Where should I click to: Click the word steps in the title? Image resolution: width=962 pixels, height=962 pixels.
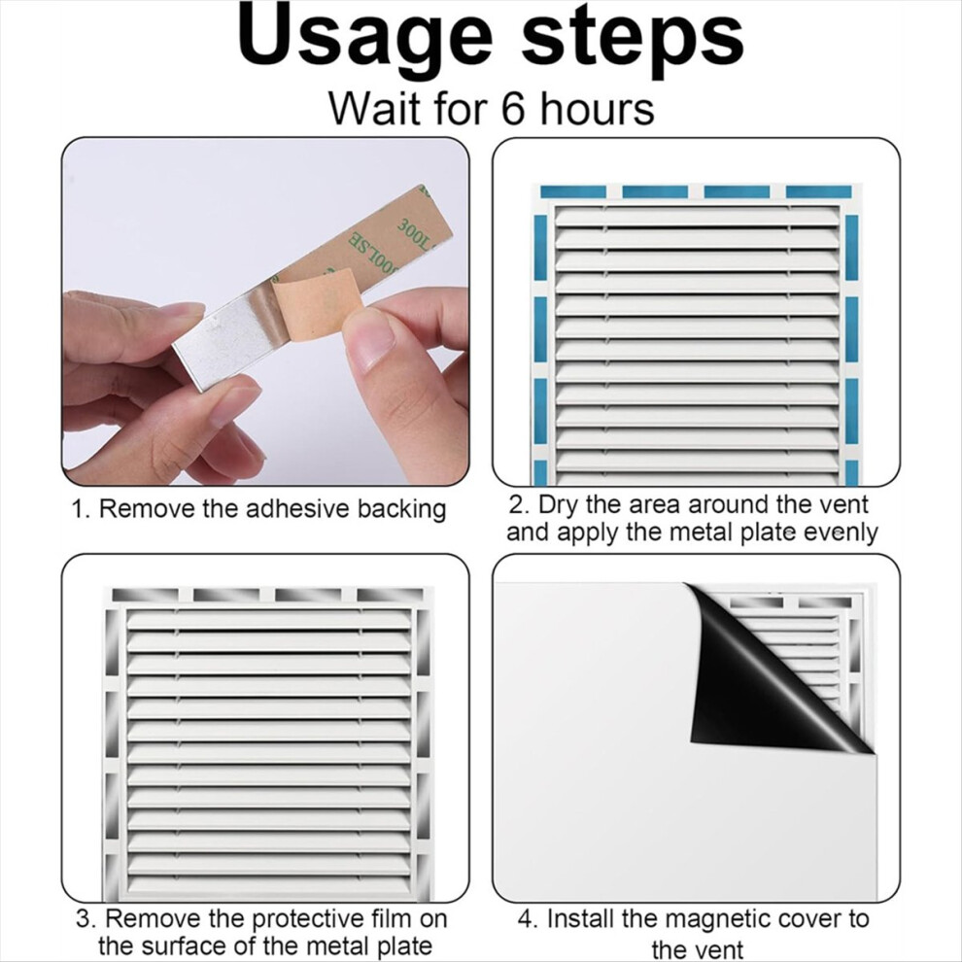pos(633,38)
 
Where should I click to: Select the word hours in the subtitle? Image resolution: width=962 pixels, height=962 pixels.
pos(597,109)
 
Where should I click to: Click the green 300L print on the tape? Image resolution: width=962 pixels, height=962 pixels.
pos(415,233)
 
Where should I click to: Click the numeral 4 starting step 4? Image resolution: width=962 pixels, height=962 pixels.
pos(525,920)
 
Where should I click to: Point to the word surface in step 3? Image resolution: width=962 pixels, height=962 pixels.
pos(195,945)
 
